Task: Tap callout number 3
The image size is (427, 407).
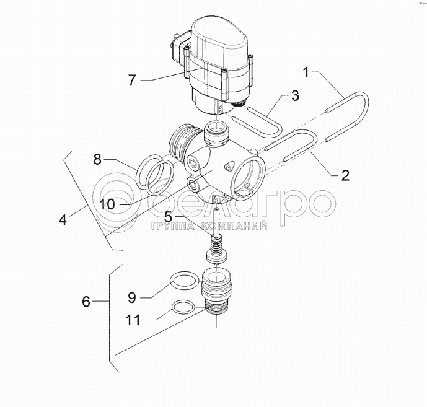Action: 295,96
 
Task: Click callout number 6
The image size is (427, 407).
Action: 87,302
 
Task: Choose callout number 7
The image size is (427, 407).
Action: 132,79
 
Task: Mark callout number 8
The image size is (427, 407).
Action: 97,159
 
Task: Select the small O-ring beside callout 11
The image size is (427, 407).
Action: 183,307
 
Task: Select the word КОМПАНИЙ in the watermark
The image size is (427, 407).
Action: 239,227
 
